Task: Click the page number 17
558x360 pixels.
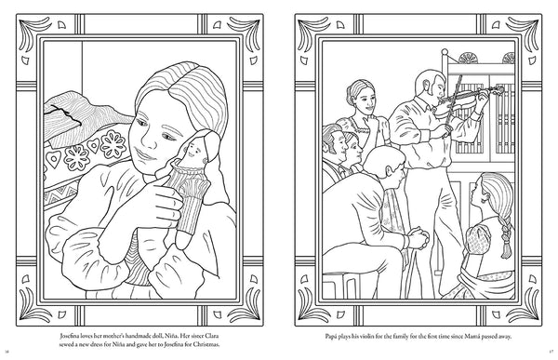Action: coord(551,352)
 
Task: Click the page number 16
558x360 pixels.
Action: coord(7,352)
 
